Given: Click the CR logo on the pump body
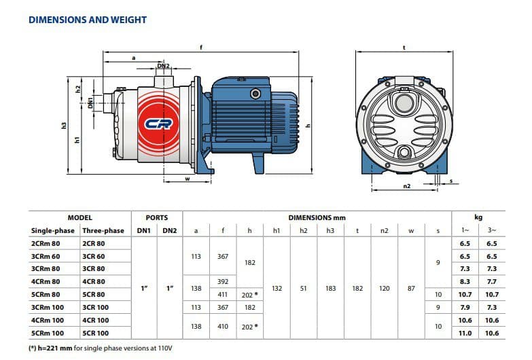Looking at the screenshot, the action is tap(158, 124).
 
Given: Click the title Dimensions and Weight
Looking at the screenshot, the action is tap(88, 20).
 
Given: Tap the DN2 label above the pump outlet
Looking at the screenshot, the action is tap(163, 65).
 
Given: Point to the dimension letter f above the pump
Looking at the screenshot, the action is tap(201, 48).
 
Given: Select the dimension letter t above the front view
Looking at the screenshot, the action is tap(404, 48).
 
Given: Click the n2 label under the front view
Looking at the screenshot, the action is tap(407, 186).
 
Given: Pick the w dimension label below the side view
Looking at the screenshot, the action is tap(188, 179).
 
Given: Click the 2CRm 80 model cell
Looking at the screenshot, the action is tap(46, 244).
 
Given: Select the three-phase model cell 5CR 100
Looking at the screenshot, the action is tap(96, 334).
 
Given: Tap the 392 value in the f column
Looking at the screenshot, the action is tap(223, 282).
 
